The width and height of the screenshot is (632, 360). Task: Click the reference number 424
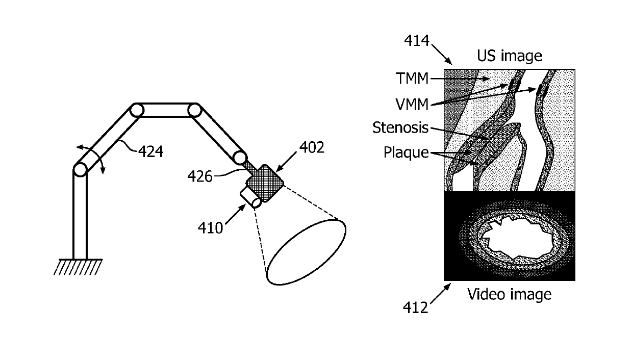150,151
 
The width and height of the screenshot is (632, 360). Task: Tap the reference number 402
312,147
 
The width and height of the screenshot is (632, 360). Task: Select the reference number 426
200,176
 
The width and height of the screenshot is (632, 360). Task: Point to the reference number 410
210,228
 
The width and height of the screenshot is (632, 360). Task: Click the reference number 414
417,41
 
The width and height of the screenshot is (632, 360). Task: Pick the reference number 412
415,307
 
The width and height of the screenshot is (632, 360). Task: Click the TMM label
412,79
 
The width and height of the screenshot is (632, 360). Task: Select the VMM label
412,105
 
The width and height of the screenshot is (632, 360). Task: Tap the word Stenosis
400,127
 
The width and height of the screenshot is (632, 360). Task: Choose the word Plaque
406,152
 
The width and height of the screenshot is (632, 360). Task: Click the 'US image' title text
510,56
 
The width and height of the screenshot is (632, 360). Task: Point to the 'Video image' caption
509,294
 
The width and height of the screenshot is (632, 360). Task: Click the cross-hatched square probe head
265,184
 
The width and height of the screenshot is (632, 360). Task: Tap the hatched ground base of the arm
78,267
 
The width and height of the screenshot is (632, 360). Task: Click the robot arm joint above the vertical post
80,170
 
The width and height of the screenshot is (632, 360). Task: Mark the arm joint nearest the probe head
240,158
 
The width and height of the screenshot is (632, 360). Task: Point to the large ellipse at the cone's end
306,252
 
